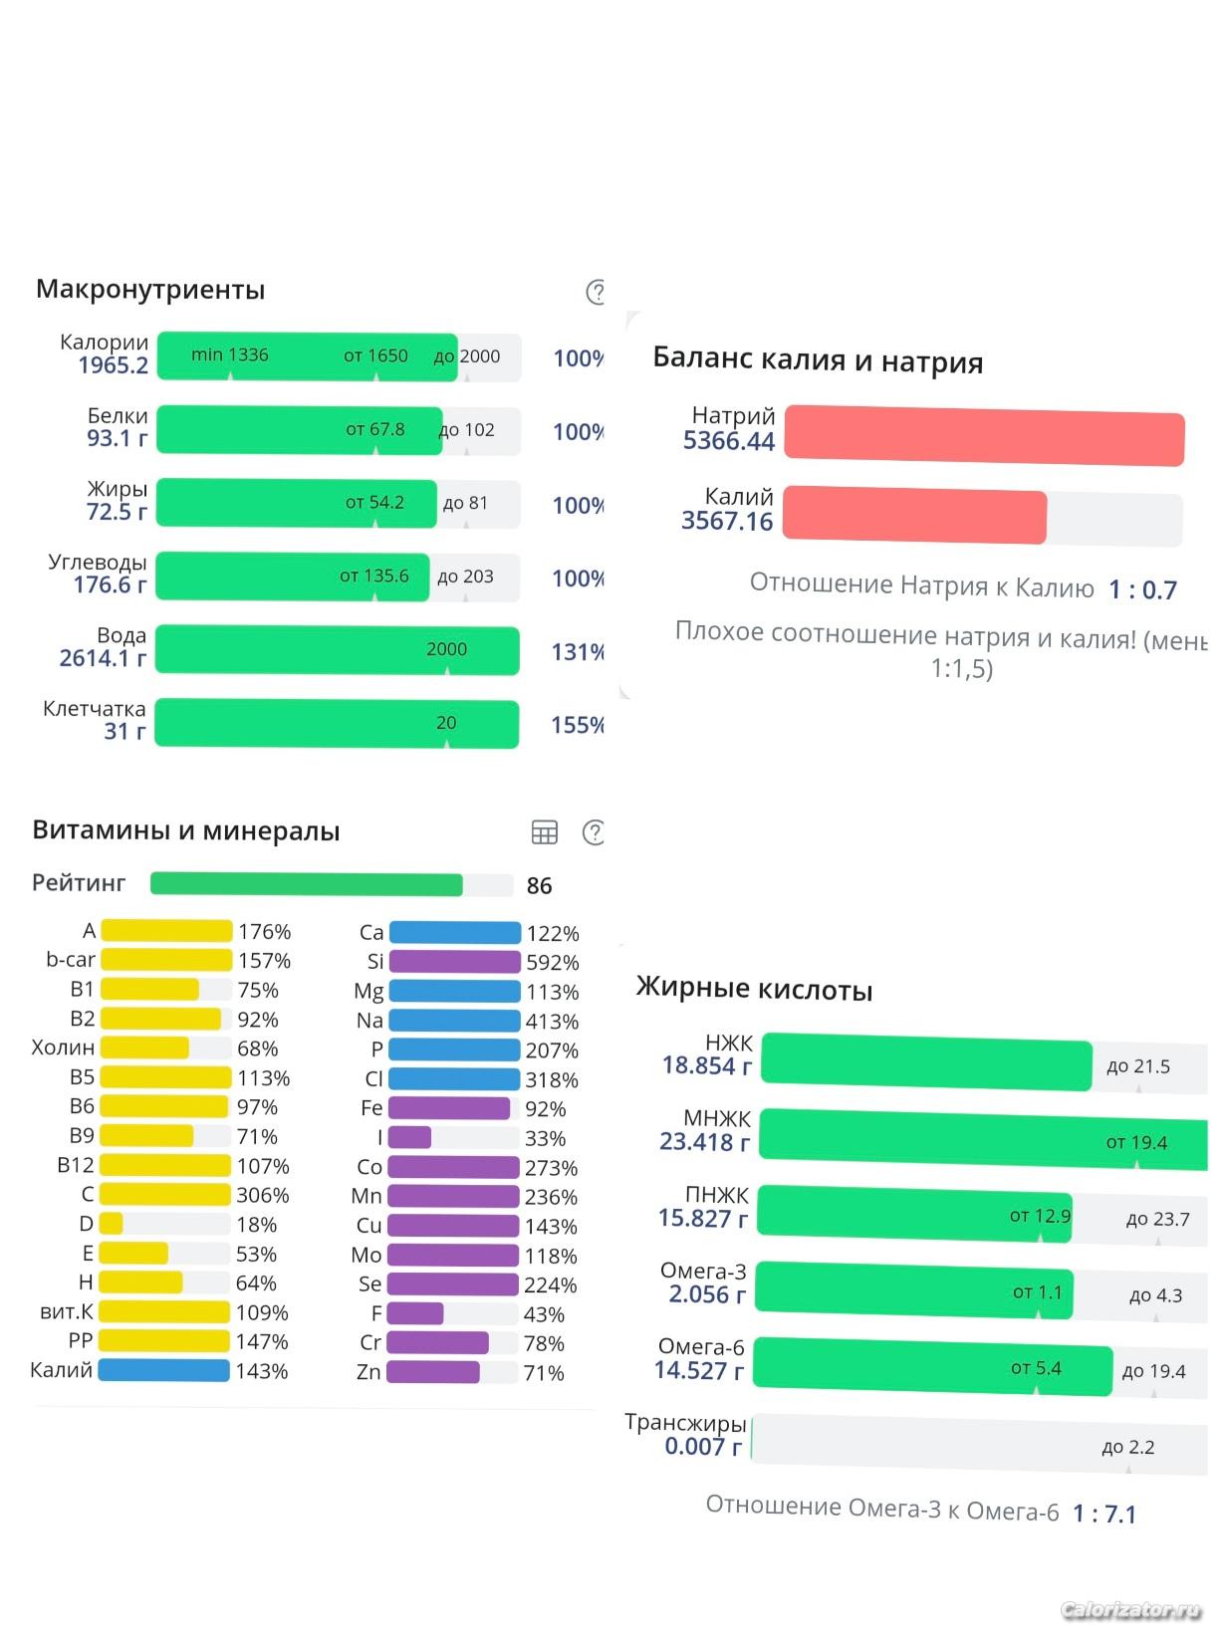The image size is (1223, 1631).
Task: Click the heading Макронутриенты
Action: tap(150, 290)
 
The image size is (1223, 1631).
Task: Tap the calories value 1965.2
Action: tap(113, 365)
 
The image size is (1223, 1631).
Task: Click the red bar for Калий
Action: tap(914, 516)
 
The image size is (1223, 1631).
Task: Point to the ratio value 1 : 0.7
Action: tap(1142, 590)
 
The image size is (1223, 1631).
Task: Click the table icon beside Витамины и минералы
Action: tap(545, 832)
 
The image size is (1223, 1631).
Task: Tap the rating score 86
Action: tap(539, 886)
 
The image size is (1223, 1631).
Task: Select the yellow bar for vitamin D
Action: tap(112, 1224)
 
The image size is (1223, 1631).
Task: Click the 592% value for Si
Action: tap(553, 963)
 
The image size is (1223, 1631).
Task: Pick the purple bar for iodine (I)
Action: tap(409, 1137)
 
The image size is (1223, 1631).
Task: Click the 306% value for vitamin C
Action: tap(263, 1195)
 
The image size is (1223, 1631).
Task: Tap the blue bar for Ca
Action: tap(455, 933)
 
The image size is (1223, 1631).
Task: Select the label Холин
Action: tap(63, 1048)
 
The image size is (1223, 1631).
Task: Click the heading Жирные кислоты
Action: tap(754, 990)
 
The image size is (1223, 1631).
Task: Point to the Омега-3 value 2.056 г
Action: tap(706, 1294)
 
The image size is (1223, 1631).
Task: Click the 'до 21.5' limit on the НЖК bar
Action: tap(1137, 1066)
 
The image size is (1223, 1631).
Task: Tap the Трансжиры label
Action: tap(685, 1423)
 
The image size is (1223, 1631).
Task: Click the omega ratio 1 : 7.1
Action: tap(1103, 1514)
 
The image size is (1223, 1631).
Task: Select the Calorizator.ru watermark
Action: tap(1130, 1610)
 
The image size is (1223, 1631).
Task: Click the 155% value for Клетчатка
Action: tap(578, 725)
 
